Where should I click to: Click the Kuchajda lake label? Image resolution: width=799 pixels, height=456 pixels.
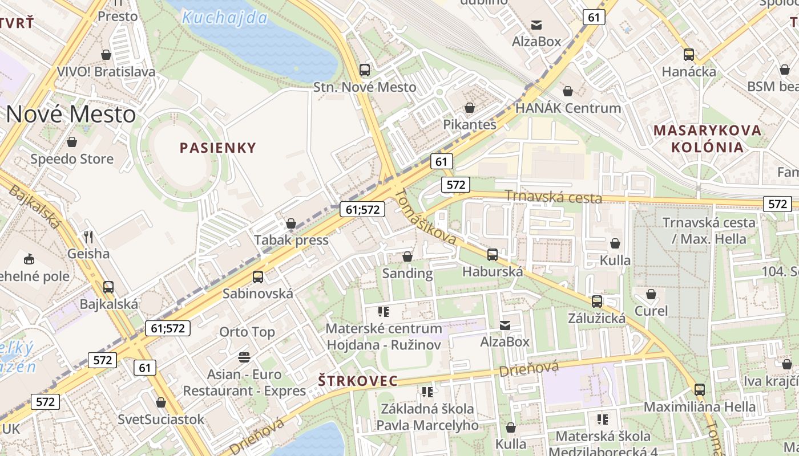[x=224, y=18]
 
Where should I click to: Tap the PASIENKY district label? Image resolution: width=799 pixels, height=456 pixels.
[x=218, y=148]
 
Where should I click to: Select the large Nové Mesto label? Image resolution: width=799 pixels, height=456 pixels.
[x=71, y=115]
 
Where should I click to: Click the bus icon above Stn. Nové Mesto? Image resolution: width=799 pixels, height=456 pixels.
[x=365, y=70]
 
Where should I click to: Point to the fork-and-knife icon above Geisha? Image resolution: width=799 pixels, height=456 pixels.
[x=88, y=236]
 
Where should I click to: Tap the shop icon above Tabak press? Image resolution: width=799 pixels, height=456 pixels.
[x=291, y=223]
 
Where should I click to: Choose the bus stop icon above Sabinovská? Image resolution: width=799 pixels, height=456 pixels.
[x=258, y=277]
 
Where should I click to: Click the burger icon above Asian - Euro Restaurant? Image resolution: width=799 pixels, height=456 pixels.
[x=244, y=357]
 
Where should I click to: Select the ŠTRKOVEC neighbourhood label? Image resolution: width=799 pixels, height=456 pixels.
[x=357, y=381]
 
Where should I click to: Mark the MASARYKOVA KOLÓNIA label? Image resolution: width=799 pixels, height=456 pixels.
[x=708, y=139]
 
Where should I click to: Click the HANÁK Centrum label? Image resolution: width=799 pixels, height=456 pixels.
[x=568, y=108]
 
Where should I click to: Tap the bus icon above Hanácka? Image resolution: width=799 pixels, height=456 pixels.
[x=689, y=55]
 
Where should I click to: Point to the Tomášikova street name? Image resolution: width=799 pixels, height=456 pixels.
[x=426, y=217]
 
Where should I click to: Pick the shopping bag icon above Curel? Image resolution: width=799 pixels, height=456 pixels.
[x=651, y=295]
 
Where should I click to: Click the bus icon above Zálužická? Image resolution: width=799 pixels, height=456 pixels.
[x=597, y=302]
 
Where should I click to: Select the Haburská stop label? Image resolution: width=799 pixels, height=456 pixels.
[x=493, y=271]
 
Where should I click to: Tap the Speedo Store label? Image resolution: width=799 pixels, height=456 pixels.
[x=72, y=159]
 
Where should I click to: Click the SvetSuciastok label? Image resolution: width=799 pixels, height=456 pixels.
[x=160, y=420]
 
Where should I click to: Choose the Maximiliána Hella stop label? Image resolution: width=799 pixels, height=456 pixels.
[x=700, y=407]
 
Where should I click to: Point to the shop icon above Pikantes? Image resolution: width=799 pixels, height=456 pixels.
[x=470, y=108]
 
